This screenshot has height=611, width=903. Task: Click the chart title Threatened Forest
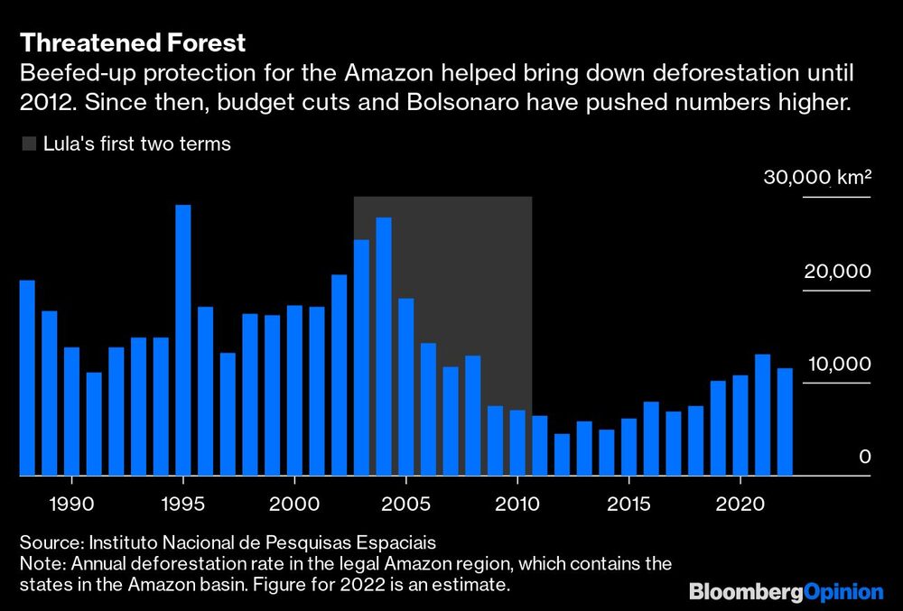133,42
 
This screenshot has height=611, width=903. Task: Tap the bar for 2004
384,347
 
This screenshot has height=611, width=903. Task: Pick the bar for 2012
562,455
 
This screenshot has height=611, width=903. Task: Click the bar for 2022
785,421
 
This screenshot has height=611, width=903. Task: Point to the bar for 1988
27,378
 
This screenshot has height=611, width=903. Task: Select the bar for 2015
628,447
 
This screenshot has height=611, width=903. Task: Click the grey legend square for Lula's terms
28,143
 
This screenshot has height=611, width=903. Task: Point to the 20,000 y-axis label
837,272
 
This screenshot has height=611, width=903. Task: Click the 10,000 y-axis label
837,364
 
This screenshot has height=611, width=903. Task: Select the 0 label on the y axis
864,457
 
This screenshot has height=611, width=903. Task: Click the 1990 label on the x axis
71,501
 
